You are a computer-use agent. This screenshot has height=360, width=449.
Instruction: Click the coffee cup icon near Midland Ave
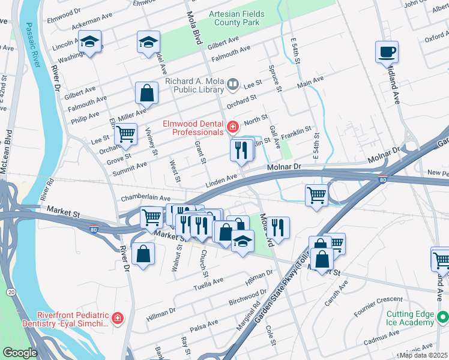(387, 52)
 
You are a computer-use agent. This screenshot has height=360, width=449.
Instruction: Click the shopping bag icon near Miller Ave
(146, 93)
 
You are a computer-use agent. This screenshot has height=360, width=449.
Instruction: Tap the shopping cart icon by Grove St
(125, 134)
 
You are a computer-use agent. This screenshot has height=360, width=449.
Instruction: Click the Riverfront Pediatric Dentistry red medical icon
(118, 318)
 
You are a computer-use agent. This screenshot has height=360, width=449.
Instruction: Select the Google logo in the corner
(20, 353)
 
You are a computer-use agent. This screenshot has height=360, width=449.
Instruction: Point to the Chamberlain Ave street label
(146, 197)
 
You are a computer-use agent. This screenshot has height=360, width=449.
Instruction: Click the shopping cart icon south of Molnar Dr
(316, 194)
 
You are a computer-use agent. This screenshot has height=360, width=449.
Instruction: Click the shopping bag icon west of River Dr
(143, 253)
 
